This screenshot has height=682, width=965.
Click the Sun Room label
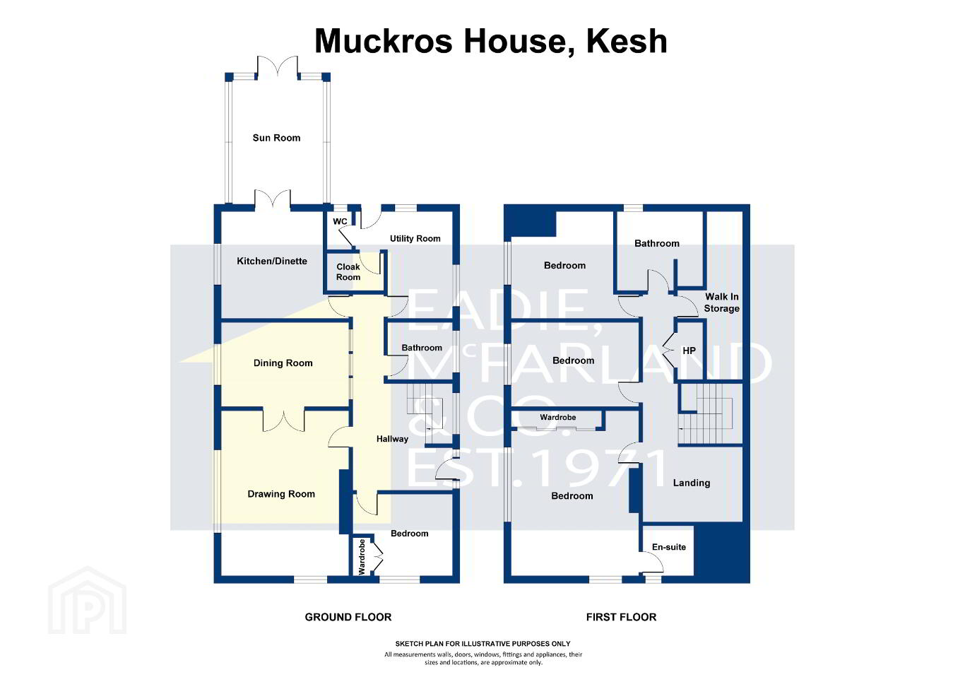coord(276,138)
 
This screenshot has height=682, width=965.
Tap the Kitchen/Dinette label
coord(272,261)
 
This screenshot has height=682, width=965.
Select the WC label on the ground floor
coord(340,221)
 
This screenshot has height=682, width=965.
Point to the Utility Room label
coord(415,238)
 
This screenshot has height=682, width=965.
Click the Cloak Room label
coord(348,272)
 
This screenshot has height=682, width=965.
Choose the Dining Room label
coord(283,363)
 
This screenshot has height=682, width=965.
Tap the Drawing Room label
coord(281,494)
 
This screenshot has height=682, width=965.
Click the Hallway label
coord(392,439)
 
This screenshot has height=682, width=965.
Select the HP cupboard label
coord(689,351)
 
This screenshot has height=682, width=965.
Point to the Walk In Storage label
coord(721,302)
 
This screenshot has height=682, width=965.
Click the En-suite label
coord(668,547)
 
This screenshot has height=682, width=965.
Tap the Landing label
coord(692,483)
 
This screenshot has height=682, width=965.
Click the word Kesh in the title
coord(627,41)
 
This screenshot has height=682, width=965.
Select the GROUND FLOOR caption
coord(348,618)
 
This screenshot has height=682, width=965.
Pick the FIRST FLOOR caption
coord(621,618)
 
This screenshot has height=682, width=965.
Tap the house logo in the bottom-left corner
coord(88,600)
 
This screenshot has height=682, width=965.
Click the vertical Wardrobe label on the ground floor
coord(362,556)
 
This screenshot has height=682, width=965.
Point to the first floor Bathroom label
coord(656,244)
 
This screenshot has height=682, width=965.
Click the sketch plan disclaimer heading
coord(482,644)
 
